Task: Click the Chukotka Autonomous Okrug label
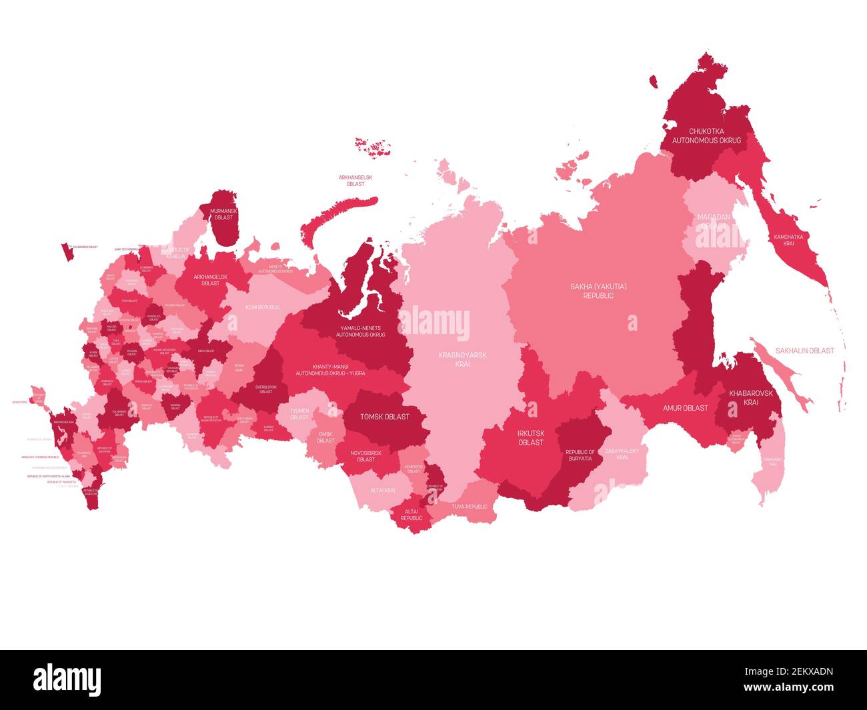[x=706, y=136]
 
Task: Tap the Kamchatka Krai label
[x=788, y=240]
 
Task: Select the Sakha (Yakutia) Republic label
[x=598, y=291]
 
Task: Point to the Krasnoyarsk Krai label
[x=462, y=359]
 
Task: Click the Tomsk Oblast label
[x=384, y=417]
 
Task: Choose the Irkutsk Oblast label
[x=531, y=437]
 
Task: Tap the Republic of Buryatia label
[x=580, y=455]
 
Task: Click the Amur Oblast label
[x=685, y=407]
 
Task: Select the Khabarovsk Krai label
[x=751, y=398]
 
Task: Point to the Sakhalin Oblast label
[x=804, y=351]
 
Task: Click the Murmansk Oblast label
[x=222, y=214]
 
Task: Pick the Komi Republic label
[x=262, y=307]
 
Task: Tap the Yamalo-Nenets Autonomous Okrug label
[x=360, y=331]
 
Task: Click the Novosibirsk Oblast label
[x=365, y=455]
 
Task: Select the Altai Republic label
[x=411, y=514]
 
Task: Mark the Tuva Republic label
[x=470, y=507]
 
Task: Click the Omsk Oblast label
[x=325, y=437]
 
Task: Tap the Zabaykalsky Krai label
[x=622, y=454]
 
